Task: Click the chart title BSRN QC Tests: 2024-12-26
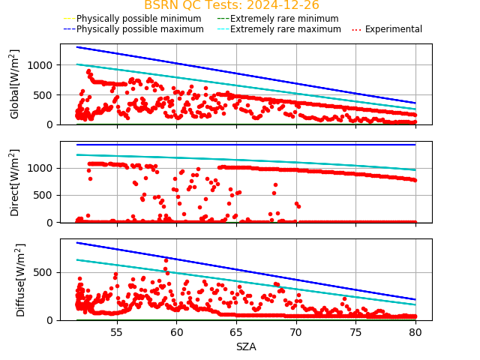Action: [232, 5]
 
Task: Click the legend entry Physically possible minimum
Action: [128, 19]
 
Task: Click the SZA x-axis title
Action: [246, 347]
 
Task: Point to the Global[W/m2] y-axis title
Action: [15, 84]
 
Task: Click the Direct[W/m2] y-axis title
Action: [15, 182]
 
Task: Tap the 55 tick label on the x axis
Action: [117, 332]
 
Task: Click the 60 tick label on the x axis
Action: [176, 332]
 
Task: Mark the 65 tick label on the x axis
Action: [236, 332]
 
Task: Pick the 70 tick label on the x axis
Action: [296, 332]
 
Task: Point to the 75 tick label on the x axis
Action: [356, 332]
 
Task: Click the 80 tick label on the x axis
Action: [416, 332]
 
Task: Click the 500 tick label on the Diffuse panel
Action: [45, 272]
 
